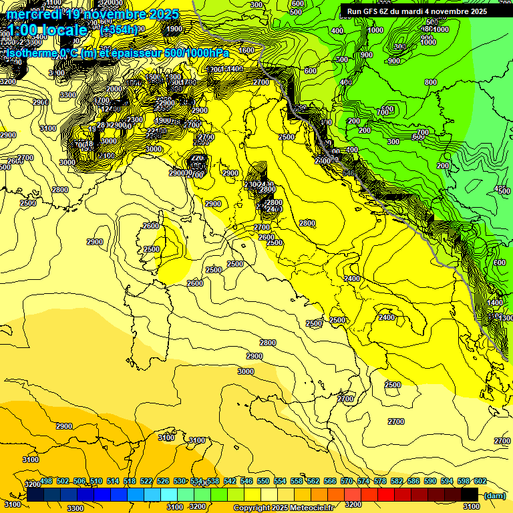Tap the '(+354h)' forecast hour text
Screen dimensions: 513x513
click(119, 29)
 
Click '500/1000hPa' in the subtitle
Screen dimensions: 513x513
click(194, 53)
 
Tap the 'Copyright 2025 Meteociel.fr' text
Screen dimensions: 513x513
click(283, 508)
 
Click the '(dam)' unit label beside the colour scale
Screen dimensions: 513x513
click(494, 495)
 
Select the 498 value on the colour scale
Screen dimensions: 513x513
click(47, 481)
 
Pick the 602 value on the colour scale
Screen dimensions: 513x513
click(480, 481)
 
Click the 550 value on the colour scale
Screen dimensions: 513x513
click(263, 481)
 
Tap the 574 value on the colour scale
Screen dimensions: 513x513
click(363, 481)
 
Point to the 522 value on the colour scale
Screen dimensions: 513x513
click(146, 481)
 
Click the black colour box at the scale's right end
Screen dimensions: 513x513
click(470, 494)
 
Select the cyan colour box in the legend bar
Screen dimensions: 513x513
click(169, 494)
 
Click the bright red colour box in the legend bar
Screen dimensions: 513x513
click(387, 494)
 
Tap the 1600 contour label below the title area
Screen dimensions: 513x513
click(246, 50)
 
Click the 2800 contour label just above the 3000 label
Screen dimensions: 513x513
click(267, 343)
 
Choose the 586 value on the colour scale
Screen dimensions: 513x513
click(413, 481)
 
